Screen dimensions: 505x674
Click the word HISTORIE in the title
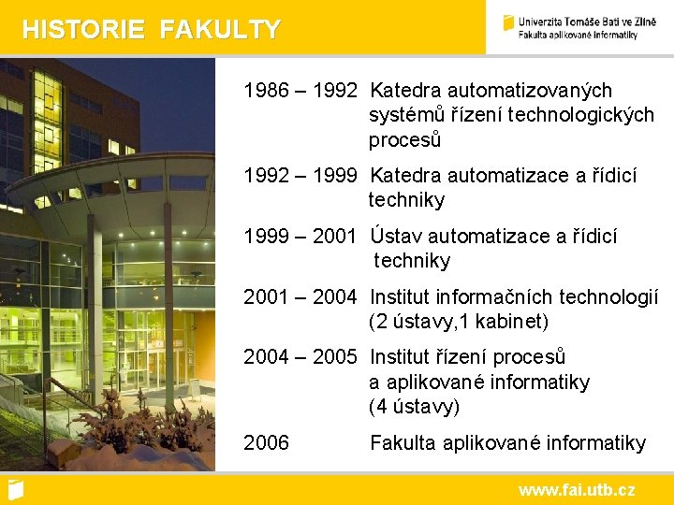click(x=83, y=30)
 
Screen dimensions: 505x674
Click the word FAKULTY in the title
click(x=220, y=30)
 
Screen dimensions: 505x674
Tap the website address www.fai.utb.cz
click(x=577, y=489)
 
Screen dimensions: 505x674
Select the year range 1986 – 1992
click(x=300, y=91)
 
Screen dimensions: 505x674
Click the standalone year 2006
click(x=267, y=442)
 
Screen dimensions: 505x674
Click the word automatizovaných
click(x=530, y=91)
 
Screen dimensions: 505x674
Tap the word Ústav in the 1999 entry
click(x=395, y=237)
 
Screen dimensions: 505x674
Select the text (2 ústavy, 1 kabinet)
click(x=459, y=322)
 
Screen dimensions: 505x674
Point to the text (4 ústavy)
click(x=415, y=407)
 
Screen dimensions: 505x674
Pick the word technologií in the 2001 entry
click(x=608, y=297)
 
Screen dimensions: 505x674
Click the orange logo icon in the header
click(x=509, y=22)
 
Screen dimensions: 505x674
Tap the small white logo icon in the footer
click(x=15, y=488)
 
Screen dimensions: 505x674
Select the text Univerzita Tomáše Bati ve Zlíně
click(x=587, y=21)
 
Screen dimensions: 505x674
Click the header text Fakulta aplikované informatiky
click(x=578, y=35)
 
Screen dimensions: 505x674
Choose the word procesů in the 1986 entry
click(x=404, y=140)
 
